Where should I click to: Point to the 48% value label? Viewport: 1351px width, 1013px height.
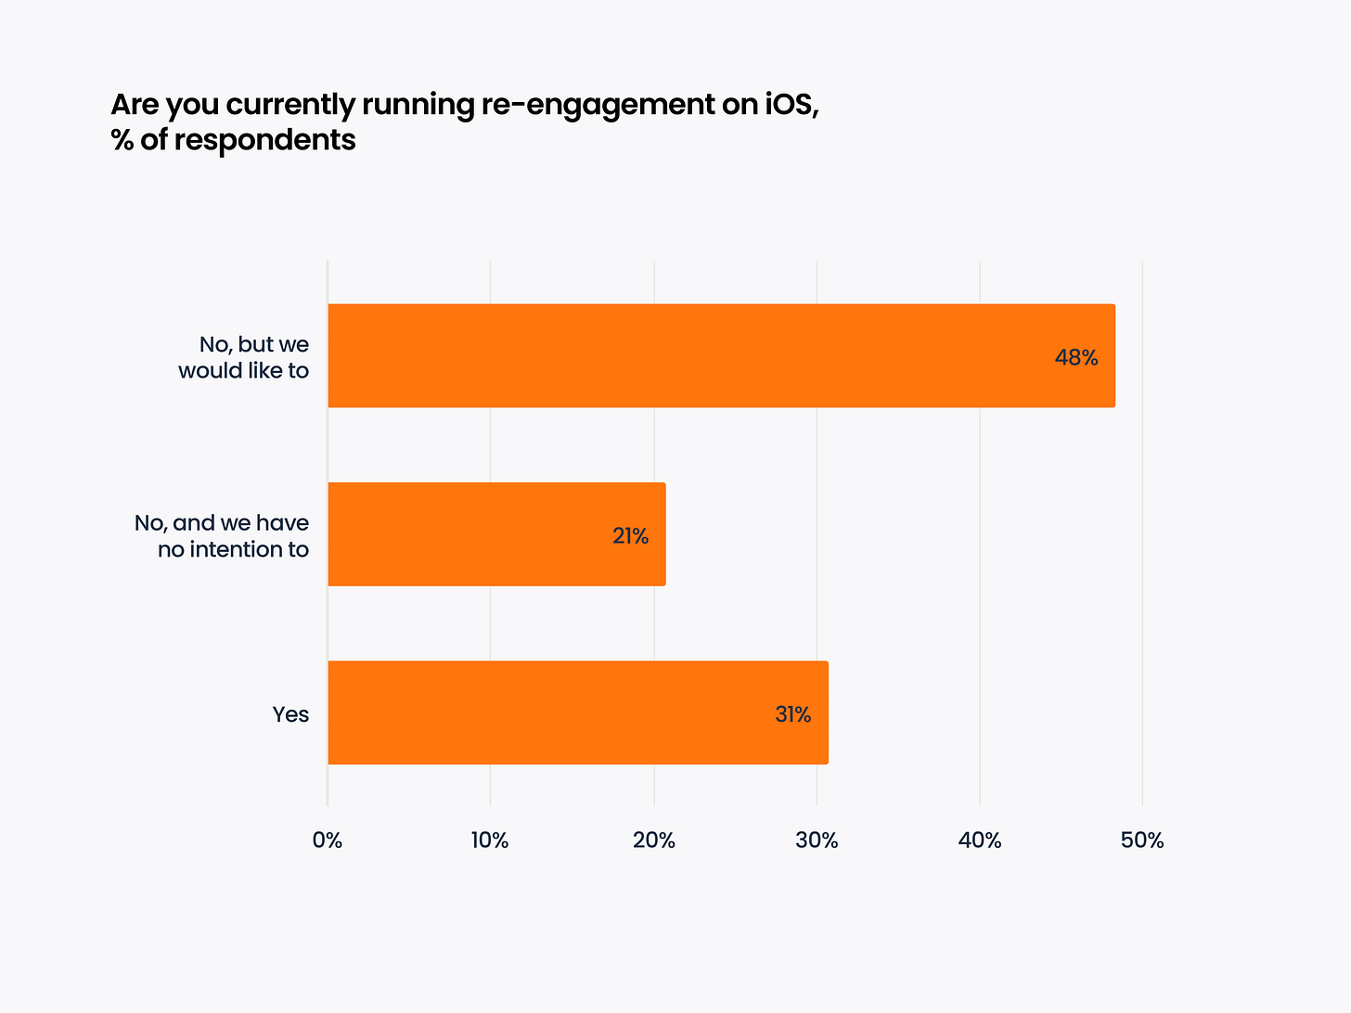(1076, 358)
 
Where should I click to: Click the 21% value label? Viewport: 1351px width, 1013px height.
(630, 536)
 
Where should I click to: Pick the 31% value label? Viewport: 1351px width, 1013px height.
(792, 714)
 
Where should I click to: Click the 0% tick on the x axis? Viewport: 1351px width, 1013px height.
(328, 840)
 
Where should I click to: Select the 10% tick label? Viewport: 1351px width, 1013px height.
(490, 840)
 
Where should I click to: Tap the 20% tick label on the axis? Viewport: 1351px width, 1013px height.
(653, 840)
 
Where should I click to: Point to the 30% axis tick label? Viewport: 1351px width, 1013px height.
(817, 840)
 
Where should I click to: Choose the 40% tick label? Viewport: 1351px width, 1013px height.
(980, 840)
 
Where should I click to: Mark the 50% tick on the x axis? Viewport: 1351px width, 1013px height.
(1142, 840)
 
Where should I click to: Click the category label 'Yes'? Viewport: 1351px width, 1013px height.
(290, 714)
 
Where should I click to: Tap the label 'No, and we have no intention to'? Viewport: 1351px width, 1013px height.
(223, 536)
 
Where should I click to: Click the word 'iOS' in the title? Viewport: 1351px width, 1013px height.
(791, 104)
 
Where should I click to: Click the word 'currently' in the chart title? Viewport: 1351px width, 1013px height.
(290, 106)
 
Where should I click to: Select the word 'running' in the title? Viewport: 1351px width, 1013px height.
(417, 106)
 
